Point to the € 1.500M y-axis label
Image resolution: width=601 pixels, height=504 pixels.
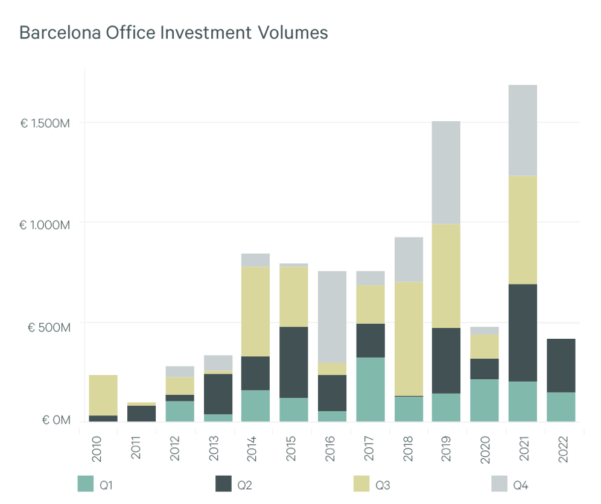45,124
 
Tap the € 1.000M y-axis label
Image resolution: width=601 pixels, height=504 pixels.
45,225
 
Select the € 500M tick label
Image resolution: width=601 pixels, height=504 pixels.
49,327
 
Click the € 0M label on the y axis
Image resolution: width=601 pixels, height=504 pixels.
56,420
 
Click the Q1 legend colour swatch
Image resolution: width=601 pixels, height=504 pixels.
86,484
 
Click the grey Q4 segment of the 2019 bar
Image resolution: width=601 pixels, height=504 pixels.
446,172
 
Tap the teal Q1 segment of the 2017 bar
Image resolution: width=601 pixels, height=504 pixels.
370,389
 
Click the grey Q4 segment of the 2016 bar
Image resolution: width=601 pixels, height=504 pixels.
332,317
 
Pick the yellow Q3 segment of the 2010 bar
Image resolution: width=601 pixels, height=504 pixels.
103,395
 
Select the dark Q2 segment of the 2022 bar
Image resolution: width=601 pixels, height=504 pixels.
561,365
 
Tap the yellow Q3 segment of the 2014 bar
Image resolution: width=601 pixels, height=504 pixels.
255,311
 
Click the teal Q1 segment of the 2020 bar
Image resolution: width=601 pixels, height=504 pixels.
485,400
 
